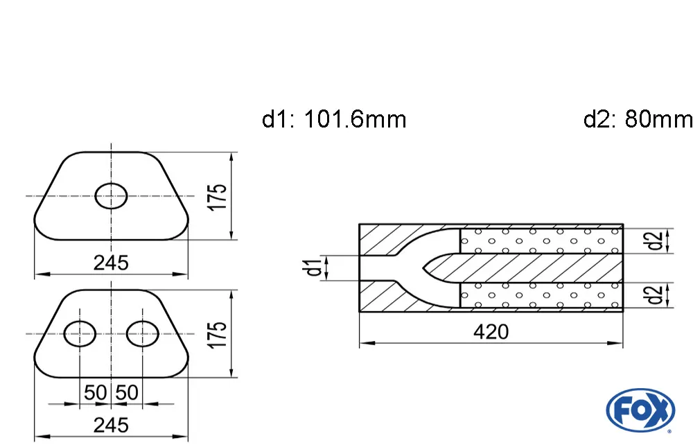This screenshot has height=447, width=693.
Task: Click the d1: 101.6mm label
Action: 334,120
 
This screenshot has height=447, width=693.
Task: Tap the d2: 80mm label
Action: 638,120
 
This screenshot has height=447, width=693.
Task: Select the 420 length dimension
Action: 491,332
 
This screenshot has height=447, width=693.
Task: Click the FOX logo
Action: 640,411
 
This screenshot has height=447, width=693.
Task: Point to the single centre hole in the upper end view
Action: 111,196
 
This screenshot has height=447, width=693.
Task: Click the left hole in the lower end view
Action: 80,334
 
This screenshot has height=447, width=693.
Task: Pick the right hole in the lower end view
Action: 142,334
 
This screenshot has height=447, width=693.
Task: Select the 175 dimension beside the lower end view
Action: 219,335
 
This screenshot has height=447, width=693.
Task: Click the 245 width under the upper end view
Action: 111,263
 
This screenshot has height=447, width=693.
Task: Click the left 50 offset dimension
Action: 95,393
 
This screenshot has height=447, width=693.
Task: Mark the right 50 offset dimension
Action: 127,393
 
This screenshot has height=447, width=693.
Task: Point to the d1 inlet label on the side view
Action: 315,268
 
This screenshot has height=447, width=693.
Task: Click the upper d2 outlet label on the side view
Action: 653,241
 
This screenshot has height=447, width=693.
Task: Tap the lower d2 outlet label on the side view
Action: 653,295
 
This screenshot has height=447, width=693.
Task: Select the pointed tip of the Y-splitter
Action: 424,268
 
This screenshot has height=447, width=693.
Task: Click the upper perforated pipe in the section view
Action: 541,241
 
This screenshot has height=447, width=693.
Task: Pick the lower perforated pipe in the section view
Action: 541,295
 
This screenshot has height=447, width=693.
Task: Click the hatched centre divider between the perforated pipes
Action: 541,268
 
